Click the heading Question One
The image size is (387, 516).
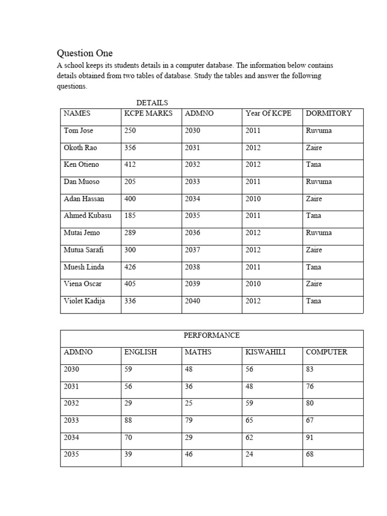click(85, 53)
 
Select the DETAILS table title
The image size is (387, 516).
click(152, 103)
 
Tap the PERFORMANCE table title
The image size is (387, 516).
click(211, 335)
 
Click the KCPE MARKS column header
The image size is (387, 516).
click(148, 113)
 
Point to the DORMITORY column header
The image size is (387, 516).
click(329, 113)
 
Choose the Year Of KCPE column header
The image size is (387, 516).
click(268, 113)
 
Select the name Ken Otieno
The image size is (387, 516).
click(81, 165)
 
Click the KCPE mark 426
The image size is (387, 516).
click(130, 267)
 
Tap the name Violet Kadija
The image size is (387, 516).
click(84, 301)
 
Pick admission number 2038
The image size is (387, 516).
click(192, 267)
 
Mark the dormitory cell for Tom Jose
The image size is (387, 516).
click(318, 131)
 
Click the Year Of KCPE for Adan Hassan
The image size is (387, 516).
click(253, 199)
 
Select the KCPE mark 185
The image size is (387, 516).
click(130, 216)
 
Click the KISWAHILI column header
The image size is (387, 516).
click(265, 352)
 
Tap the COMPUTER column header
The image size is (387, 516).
click(327, 352)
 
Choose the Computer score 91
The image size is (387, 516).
click(310, 437)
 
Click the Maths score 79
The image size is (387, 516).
click(189, 420)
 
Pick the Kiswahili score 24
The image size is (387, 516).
click(249, 455)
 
